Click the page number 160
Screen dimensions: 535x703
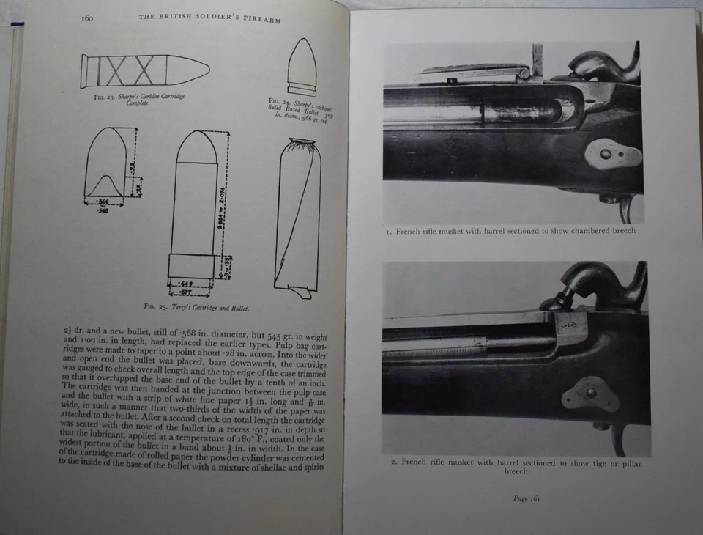[90, 18]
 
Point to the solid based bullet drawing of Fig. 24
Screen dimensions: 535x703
[302, 68]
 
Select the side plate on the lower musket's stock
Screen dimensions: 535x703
[590, 394]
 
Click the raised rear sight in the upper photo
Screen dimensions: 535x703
[538, 59]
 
